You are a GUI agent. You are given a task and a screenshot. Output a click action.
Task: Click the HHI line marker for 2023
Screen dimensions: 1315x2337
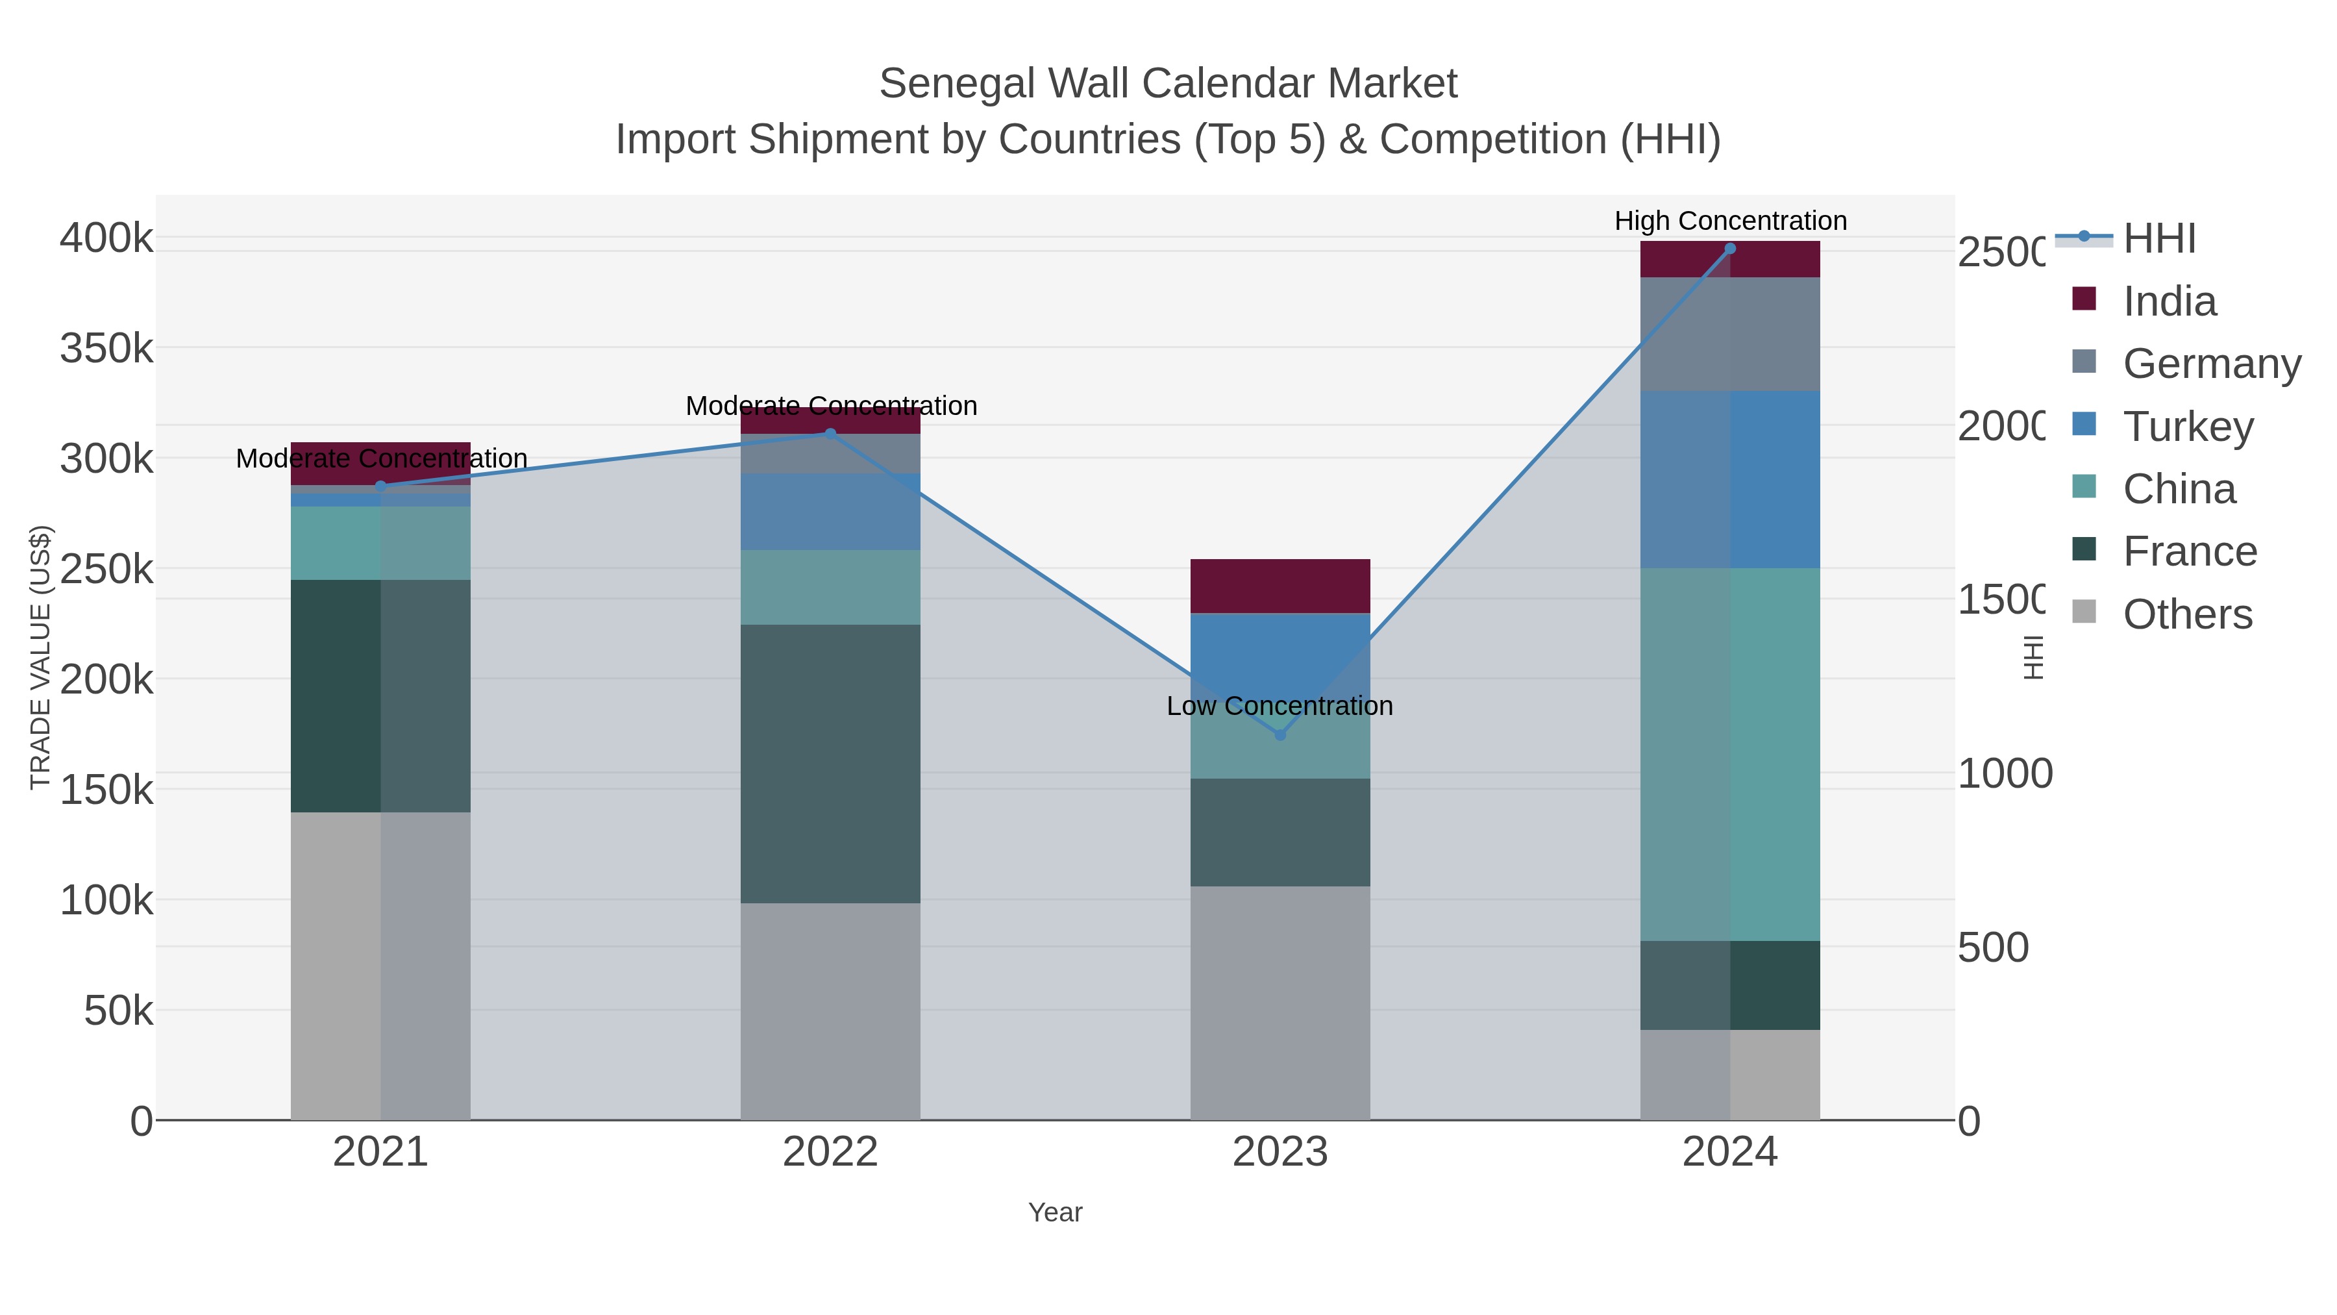(x=1280, y=735)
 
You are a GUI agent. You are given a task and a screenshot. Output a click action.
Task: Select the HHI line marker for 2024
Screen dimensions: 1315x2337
(x=1730, y=249)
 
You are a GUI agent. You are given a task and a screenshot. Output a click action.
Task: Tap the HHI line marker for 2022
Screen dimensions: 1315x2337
(x=830, y=434)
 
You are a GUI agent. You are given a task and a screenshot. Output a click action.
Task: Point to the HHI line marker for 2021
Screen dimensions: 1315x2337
(x=380, y=486)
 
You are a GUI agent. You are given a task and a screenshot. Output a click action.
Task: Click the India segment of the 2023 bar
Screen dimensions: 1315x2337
(x=1280, y=586)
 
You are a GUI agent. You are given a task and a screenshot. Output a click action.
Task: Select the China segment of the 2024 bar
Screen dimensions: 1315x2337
(x=1730, y=754)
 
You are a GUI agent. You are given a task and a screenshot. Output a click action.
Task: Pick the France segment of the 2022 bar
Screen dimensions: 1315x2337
(x=830, y=763)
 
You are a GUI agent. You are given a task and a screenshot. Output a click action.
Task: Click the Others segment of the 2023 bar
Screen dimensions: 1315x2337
(x=1280, y=1003)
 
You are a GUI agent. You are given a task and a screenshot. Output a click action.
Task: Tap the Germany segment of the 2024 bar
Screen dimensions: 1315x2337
(x=1730, y=334)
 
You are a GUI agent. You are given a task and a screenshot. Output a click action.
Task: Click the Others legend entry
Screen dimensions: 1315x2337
(x=2187, y=614)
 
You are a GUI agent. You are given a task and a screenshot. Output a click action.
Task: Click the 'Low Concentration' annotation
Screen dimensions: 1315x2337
(x=1279, y=706)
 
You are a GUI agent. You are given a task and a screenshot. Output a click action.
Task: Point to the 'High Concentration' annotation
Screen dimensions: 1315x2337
(x=1730, y=221)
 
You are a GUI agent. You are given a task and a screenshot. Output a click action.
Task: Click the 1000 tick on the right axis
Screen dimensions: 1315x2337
(x=2004, y=774)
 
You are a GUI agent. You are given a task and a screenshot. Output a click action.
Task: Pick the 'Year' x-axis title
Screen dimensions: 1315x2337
(x=1055, y=1212)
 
